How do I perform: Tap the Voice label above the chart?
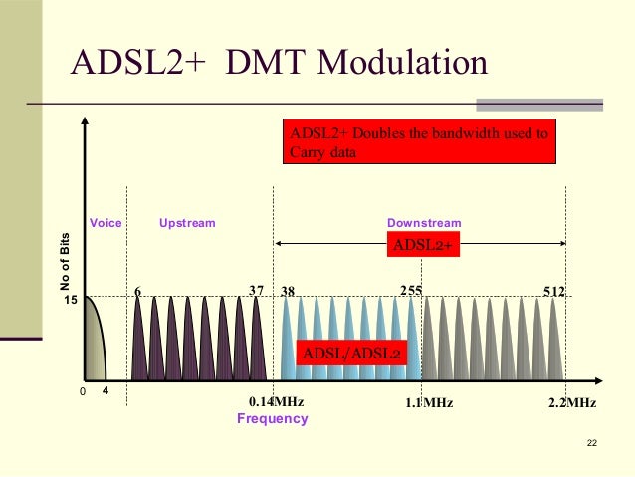pyautogui.click(x=106, y=223)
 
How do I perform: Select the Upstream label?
pyautogui.click(x=187, y=223)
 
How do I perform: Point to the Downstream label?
pyautogui.click(x=424, y=223)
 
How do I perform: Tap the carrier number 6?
pyautogui.click(x=137, y=291)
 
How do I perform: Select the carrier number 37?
pyautogui.click(x=256, y=291)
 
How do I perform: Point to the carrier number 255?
pyautogui.click(x=411, y=291)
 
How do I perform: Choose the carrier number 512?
pyautogui.click(x=554, y=291)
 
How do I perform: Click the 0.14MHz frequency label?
pyautogui.click(x=275, y=402)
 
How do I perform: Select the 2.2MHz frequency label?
pyautogui.click(x=572, y=402)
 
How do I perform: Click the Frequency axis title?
pyautogui.click(x=272, y=419)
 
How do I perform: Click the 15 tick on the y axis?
pyautogui.click(x=71, y=298)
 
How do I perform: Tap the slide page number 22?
pyautogui.click(x=594, y=442)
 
